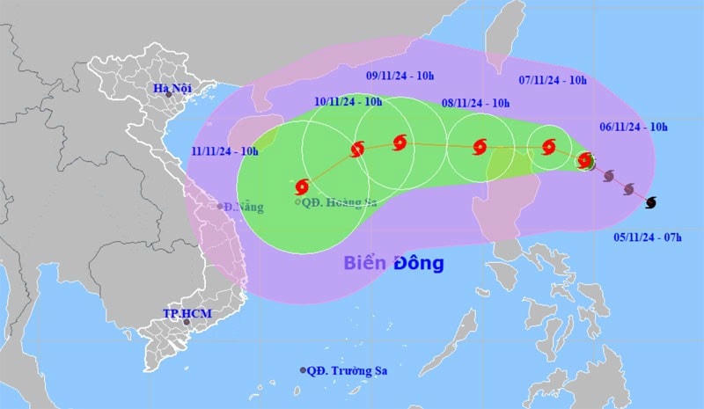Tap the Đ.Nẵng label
(243, 207)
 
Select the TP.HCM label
(183, 313)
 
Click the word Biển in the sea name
(362, 263)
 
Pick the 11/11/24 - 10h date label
(224, 151)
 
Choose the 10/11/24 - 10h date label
(348, 102)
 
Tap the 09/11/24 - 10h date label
(400, 77)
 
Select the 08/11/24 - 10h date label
(476, 103)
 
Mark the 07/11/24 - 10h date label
(553, 80)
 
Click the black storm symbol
(650, 203)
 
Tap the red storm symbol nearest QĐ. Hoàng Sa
(303, 186)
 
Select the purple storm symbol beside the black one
(628, 189)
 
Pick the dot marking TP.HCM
(187, 322)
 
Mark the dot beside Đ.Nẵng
(220, 207)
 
